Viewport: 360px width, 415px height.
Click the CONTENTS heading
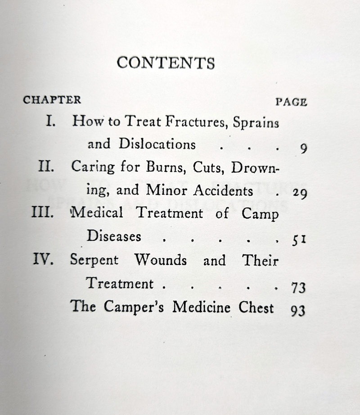(166, 63)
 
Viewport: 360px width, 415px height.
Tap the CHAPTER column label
(52, 100)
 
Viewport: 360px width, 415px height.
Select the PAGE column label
(291, 102)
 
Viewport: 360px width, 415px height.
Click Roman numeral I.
(51, 121)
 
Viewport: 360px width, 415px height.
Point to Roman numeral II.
(46, 167)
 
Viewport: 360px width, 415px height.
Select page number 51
(299, 240)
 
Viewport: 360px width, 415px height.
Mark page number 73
(297, 287)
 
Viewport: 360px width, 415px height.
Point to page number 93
(297, 310)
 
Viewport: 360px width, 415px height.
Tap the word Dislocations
(157, 144)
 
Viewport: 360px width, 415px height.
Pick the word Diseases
(114, 236)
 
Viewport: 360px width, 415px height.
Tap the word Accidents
(223, 190)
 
